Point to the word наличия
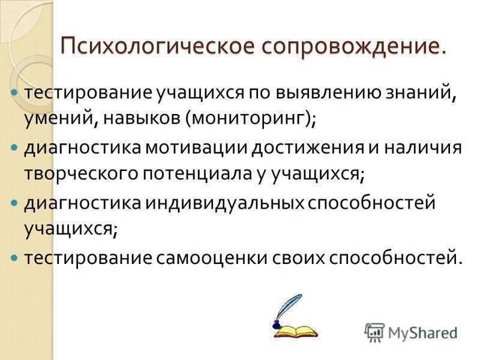click(424, 149)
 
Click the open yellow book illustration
click(295, 329)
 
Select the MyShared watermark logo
click(412, 332)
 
